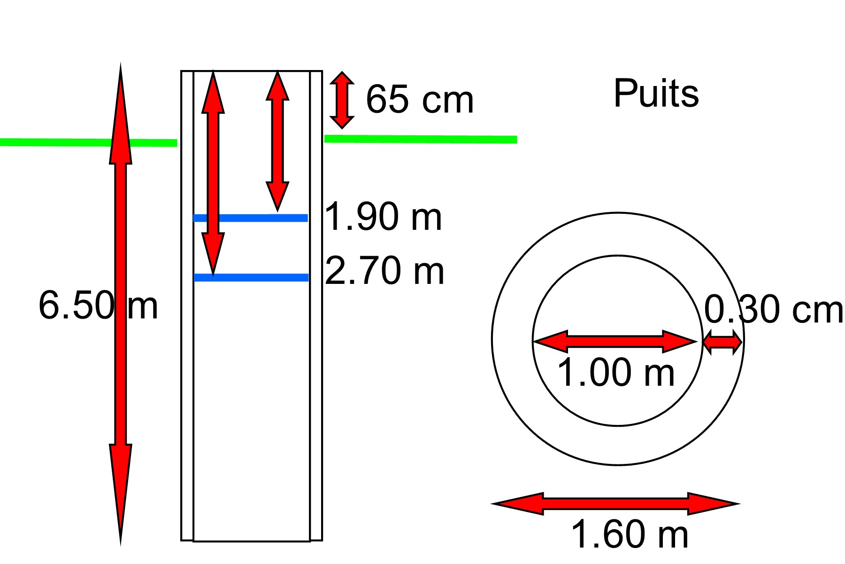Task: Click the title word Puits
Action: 656,94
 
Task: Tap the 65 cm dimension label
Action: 420,100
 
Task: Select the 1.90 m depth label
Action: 383,217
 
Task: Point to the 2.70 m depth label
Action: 384,271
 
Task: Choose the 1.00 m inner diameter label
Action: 615,373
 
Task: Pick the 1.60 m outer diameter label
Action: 629,534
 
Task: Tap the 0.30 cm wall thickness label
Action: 773,310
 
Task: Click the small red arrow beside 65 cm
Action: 342,100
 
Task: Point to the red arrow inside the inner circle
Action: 615,342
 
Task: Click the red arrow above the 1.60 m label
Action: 615,504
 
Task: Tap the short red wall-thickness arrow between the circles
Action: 722,342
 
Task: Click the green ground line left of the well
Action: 56,142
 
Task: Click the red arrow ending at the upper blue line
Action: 277,141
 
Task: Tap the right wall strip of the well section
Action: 316,376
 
